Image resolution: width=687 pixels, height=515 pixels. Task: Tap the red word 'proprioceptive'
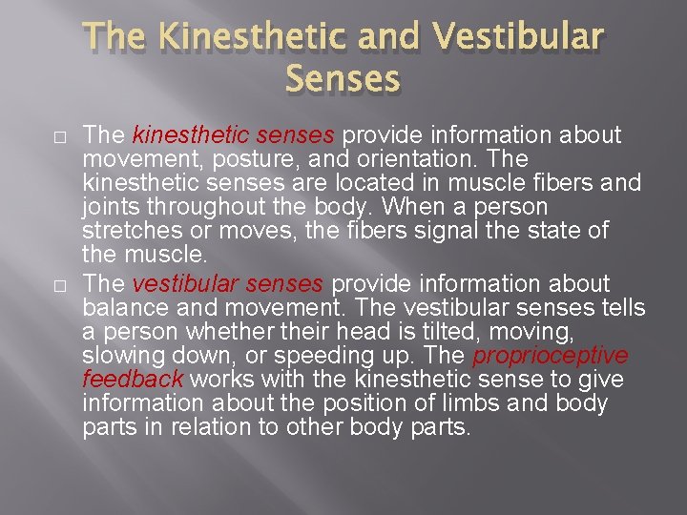[x=551, y=356]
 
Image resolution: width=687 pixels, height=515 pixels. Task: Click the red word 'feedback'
[x=132, y=380]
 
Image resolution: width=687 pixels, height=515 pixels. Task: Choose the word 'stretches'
[x=133, y=232]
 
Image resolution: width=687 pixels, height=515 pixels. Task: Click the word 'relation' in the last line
[x=210, y=427]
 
